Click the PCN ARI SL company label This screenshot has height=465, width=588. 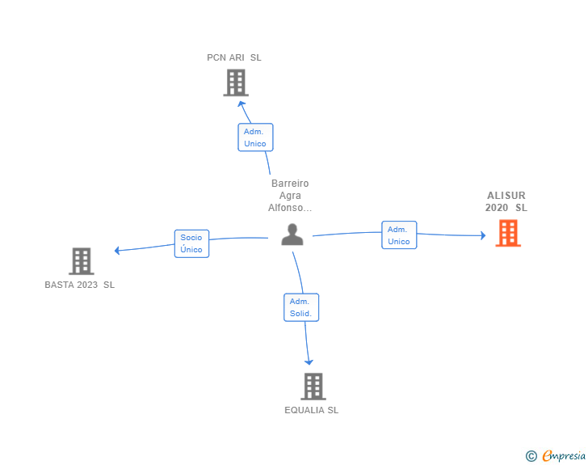coord(234,57)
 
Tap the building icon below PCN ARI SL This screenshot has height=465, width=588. coord(236,82)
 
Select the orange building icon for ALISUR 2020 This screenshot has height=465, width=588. coord(508,233)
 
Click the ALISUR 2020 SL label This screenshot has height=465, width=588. coord(506,201)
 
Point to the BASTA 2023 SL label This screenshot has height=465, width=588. coord(79,285)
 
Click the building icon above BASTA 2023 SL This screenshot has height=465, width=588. coord(82,261)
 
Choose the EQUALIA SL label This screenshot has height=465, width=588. coord(311,410)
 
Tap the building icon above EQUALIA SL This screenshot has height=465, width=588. coord(313,387)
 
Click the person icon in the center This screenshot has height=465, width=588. coord(292,235)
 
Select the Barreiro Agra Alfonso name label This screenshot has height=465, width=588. coord(290,196)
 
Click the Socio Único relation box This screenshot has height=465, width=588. coord(191,243)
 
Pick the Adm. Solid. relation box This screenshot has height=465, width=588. coord(301,307)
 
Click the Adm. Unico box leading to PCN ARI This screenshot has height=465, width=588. coord(255,137)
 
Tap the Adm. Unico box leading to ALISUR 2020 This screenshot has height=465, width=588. coord(399,235)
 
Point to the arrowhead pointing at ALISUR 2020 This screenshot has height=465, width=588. coord(483,235)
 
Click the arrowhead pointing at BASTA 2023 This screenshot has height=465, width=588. coord(117,251)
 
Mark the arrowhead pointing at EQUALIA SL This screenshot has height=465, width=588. coord(309,362)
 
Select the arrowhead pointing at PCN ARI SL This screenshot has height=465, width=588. coord(241,104)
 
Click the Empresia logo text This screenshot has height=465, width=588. coord(564,455)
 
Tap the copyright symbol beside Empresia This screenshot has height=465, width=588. coord(531,456)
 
